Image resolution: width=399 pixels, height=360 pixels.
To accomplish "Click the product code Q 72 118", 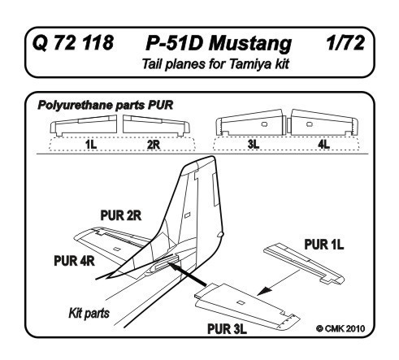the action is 73,43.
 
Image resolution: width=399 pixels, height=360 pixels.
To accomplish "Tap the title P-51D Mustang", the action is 219,44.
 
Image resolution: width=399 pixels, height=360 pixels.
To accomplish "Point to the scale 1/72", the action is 345,43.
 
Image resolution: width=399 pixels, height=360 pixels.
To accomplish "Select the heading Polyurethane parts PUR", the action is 106,105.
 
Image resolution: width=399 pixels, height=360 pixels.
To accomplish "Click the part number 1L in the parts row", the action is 91,145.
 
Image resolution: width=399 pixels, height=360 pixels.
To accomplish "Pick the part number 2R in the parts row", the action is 154,145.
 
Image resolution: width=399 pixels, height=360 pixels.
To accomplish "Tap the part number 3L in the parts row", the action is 254,145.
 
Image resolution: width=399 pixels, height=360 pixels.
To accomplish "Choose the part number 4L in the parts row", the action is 324,145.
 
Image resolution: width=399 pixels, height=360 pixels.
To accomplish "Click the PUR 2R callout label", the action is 121,215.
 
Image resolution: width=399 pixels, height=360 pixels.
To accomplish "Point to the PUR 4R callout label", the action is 74,261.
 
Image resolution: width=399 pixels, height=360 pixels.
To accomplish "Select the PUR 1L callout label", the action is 324,245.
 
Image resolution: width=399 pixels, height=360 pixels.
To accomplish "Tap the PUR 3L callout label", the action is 227,329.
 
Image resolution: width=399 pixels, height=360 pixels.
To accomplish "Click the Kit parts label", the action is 89,314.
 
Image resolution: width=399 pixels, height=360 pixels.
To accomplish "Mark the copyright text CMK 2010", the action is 340,328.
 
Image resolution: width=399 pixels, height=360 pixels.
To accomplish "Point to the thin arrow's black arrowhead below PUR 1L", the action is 263,291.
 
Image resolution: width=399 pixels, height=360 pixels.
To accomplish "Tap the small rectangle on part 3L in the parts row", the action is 264,124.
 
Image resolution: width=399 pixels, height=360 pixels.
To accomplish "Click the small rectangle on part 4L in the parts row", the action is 310,124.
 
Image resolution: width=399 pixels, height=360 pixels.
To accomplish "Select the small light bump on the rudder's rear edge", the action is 221,234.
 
